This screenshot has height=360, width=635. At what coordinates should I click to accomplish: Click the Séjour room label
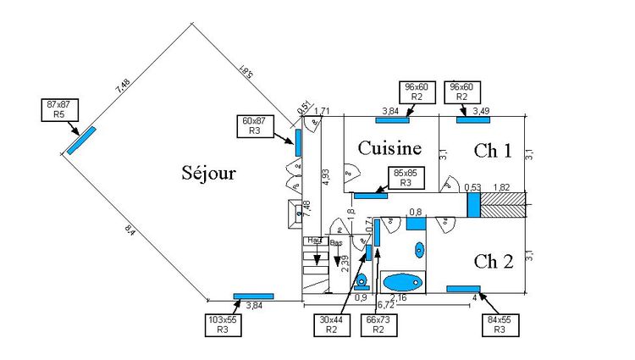click(208, 173)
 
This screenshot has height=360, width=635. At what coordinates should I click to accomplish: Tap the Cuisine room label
click(389, 148)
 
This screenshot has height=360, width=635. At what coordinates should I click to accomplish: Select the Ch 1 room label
click(493, 151)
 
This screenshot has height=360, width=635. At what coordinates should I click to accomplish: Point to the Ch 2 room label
click(494, 260)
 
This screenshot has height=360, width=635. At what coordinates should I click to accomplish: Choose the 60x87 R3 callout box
click(254, 126)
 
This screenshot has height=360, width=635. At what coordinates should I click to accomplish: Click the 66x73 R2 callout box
click(378, 325)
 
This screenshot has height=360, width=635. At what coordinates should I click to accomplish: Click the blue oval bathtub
click(401, 281)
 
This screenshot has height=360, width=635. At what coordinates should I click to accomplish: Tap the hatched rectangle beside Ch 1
click(503, 204)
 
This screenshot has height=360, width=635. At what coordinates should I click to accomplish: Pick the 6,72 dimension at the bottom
click(386, 304)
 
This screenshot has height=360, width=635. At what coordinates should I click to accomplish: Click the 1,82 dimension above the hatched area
click(501, 187)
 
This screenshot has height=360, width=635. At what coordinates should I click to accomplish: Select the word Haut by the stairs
click(316, 241)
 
